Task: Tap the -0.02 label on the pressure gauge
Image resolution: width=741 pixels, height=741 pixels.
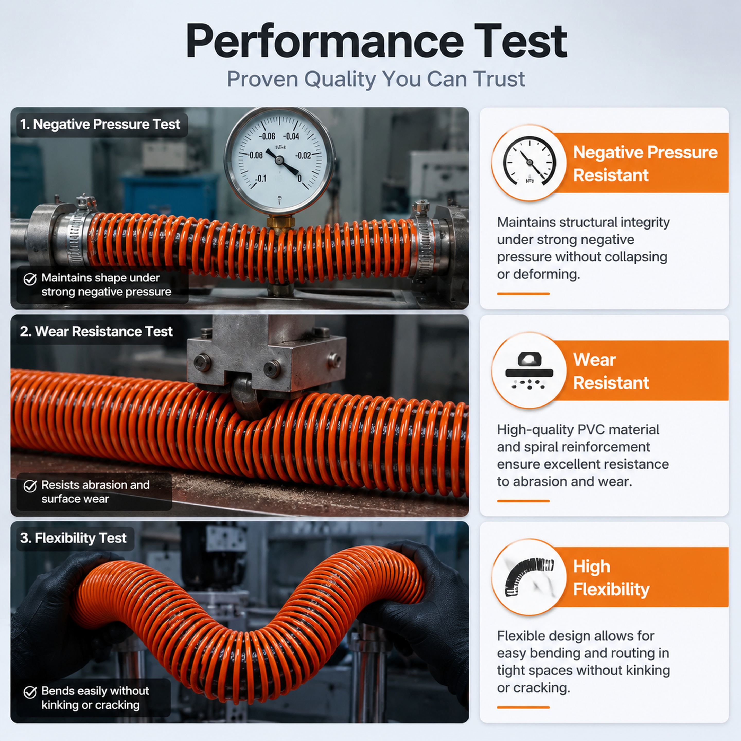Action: (303, 155)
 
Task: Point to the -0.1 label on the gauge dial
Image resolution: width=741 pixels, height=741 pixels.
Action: (261, 178)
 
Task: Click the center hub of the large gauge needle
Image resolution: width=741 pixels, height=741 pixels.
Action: (279, 160)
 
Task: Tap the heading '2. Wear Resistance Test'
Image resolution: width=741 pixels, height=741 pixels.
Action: (96, 331)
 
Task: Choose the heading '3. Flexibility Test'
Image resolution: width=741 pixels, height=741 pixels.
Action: (73, 538)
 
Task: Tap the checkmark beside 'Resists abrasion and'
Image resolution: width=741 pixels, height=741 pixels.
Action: (30, 486)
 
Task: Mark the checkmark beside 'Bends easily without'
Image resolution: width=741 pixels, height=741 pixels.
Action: (30, 692)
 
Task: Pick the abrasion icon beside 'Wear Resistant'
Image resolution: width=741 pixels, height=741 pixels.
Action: (529, 370)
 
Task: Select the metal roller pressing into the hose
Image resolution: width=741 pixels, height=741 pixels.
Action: (245, 399)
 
